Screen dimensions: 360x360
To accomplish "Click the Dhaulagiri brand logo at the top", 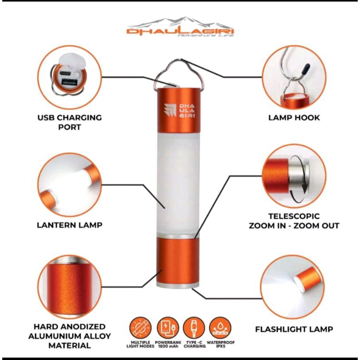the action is tap(180, 27).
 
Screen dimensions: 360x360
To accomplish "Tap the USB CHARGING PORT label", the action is tap(70, 122).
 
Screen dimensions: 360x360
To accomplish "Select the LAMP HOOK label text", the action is tap(294, 117).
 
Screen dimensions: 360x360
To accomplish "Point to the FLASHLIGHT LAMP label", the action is tap(294, 329).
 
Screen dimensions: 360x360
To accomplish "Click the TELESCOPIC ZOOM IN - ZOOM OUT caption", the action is tap(294, 220).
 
